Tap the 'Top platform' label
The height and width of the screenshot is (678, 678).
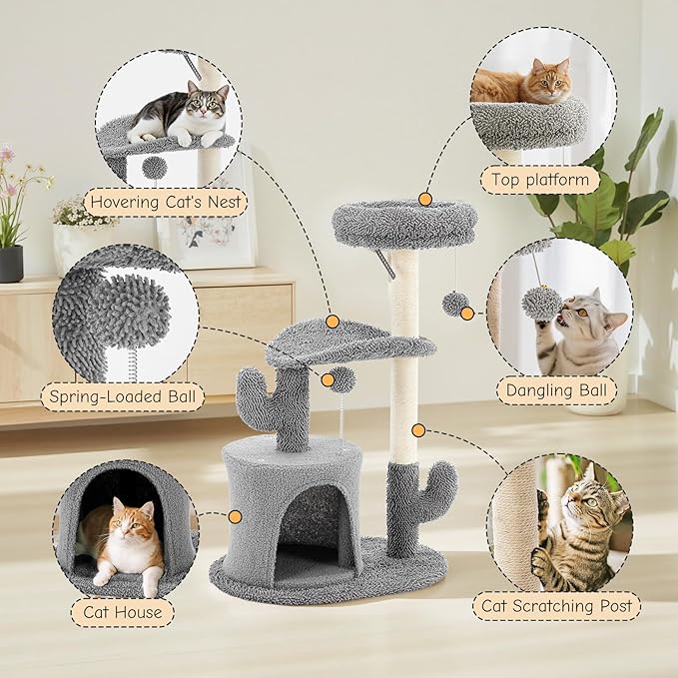539,181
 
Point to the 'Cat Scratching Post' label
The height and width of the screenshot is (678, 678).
556,605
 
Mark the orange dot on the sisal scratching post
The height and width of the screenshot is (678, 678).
417,430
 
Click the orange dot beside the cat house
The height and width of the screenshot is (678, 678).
236,517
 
